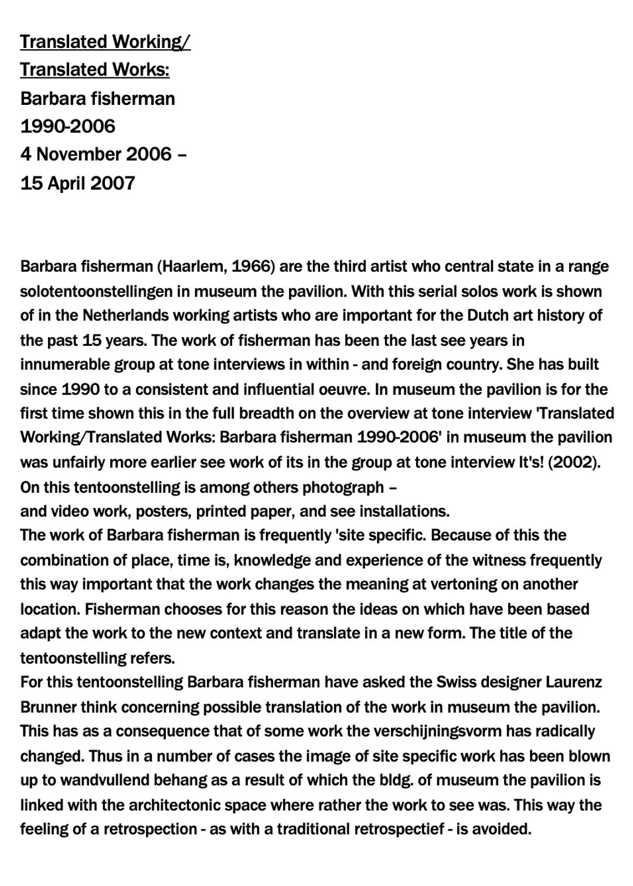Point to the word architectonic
tap(175, 805)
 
